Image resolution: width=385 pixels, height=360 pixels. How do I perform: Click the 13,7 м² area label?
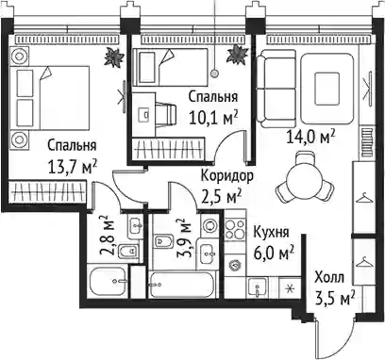(x=72, y=166)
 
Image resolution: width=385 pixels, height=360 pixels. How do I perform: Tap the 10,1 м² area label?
(x=213, y=117)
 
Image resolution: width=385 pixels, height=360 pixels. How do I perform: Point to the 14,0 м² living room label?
(x=310, y=137)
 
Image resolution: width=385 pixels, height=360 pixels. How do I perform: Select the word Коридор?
(x=226, y=176)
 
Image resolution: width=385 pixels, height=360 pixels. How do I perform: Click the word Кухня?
(x=271, y=233)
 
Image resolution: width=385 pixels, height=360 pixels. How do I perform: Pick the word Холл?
(x=329, y=278)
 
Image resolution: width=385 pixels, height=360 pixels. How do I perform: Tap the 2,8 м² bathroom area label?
(x=104, y=235)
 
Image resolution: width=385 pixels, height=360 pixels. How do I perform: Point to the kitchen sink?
(x=258, y=287)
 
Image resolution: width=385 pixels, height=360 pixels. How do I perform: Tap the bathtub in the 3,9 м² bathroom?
(x=182, y=285)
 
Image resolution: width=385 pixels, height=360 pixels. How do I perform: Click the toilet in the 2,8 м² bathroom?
(x=128, y=251)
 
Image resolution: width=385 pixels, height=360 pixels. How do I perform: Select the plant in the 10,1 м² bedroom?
(x=237, y=54)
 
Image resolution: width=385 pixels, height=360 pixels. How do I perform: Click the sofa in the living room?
(x=276, y=89)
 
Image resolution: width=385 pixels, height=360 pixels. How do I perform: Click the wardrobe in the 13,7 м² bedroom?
(x=47, y=191)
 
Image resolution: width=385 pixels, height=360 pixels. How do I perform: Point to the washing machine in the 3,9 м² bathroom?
(x=209, y=225)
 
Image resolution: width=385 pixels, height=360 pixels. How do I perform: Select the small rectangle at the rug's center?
(x=327, y=90)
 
